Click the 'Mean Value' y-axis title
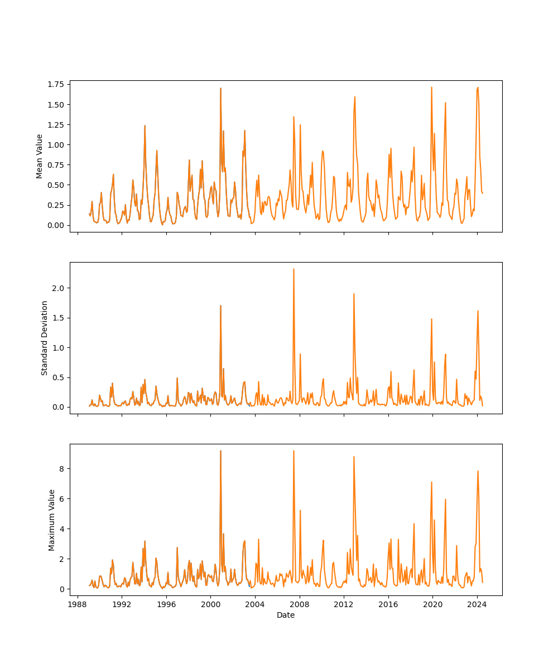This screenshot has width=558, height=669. tap(40, 156)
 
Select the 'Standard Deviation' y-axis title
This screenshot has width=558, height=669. tap(45, 338)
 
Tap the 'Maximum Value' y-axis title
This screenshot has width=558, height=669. tap(52, 520)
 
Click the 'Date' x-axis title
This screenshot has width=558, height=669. tap(286, 615)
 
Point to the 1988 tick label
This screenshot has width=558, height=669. tap(78, 604)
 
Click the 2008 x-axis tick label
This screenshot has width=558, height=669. tap(300, 604)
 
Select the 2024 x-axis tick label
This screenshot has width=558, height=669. tap(477, 604)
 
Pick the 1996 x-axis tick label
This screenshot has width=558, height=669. tap(166, 604)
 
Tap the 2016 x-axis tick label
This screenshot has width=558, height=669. tap(388, 604)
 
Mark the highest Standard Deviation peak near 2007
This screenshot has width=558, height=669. tap(294, 269)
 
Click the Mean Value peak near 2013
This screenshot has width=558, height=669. tap(354, 97)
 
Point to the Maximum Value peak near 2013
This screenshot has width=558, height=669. tap(354, 457)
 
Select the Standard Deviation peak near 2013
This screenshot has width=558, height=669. tap(354, 294)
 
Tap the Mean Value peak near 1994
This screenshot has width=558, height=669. tap(145, 125)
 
